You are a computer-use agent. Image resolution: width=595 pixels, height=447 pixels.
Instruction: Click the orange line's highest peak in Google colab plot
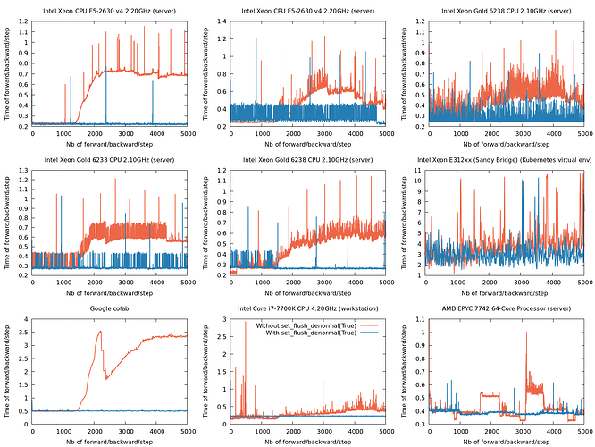(x=100, y=332)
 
